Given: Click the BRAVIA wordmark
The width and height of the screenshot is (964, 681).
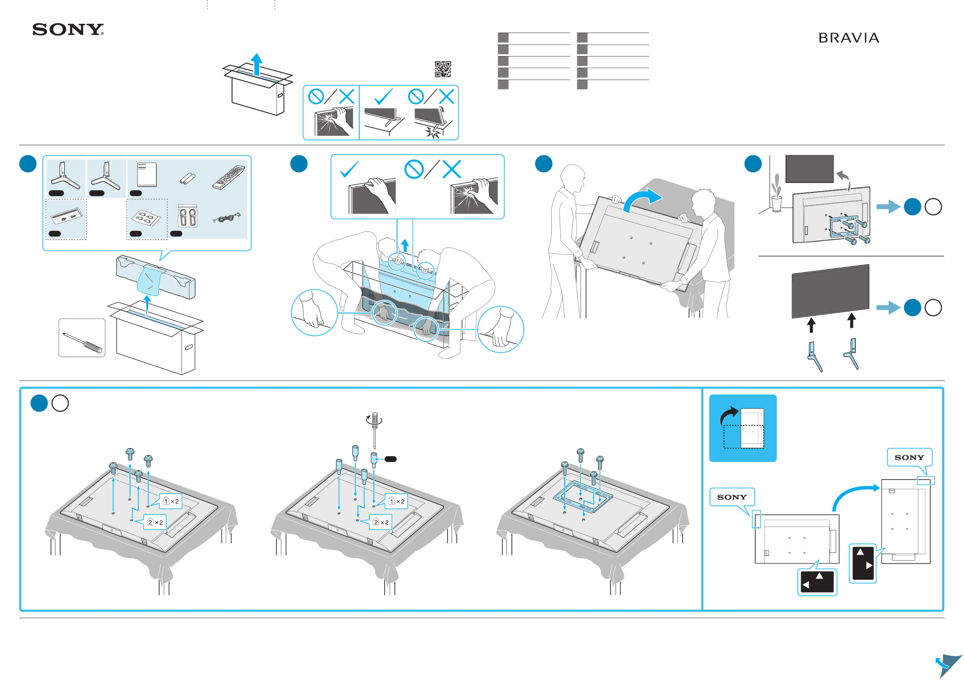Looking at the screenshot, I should point(848,38).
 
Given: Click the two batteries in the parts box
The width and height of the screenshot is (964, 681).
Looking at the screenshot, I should point(187,179).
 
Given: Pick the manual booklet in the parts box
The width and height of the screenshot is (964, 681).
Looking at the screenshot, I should point(147,174).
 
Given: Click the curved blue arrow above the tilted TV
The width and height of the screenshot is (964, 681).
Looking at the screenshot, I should point(642,200).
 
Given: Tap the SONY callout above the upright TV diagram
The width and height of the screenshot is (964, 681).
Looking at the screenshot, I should point(909,457).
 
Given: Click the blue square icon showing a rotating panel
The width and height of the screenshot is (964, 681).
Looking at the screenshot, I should point(742,428).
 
